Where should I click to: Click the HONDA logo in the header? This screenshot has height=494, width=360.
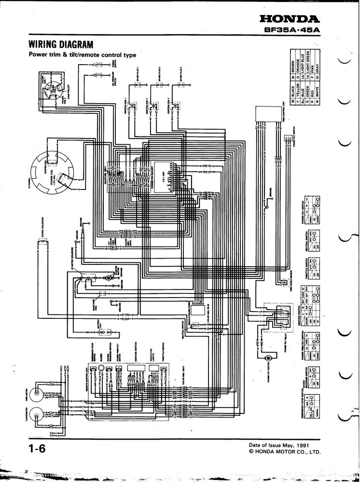[289, 19]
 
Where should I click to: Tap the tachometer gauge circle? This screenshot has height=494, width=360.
[37, 413]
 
